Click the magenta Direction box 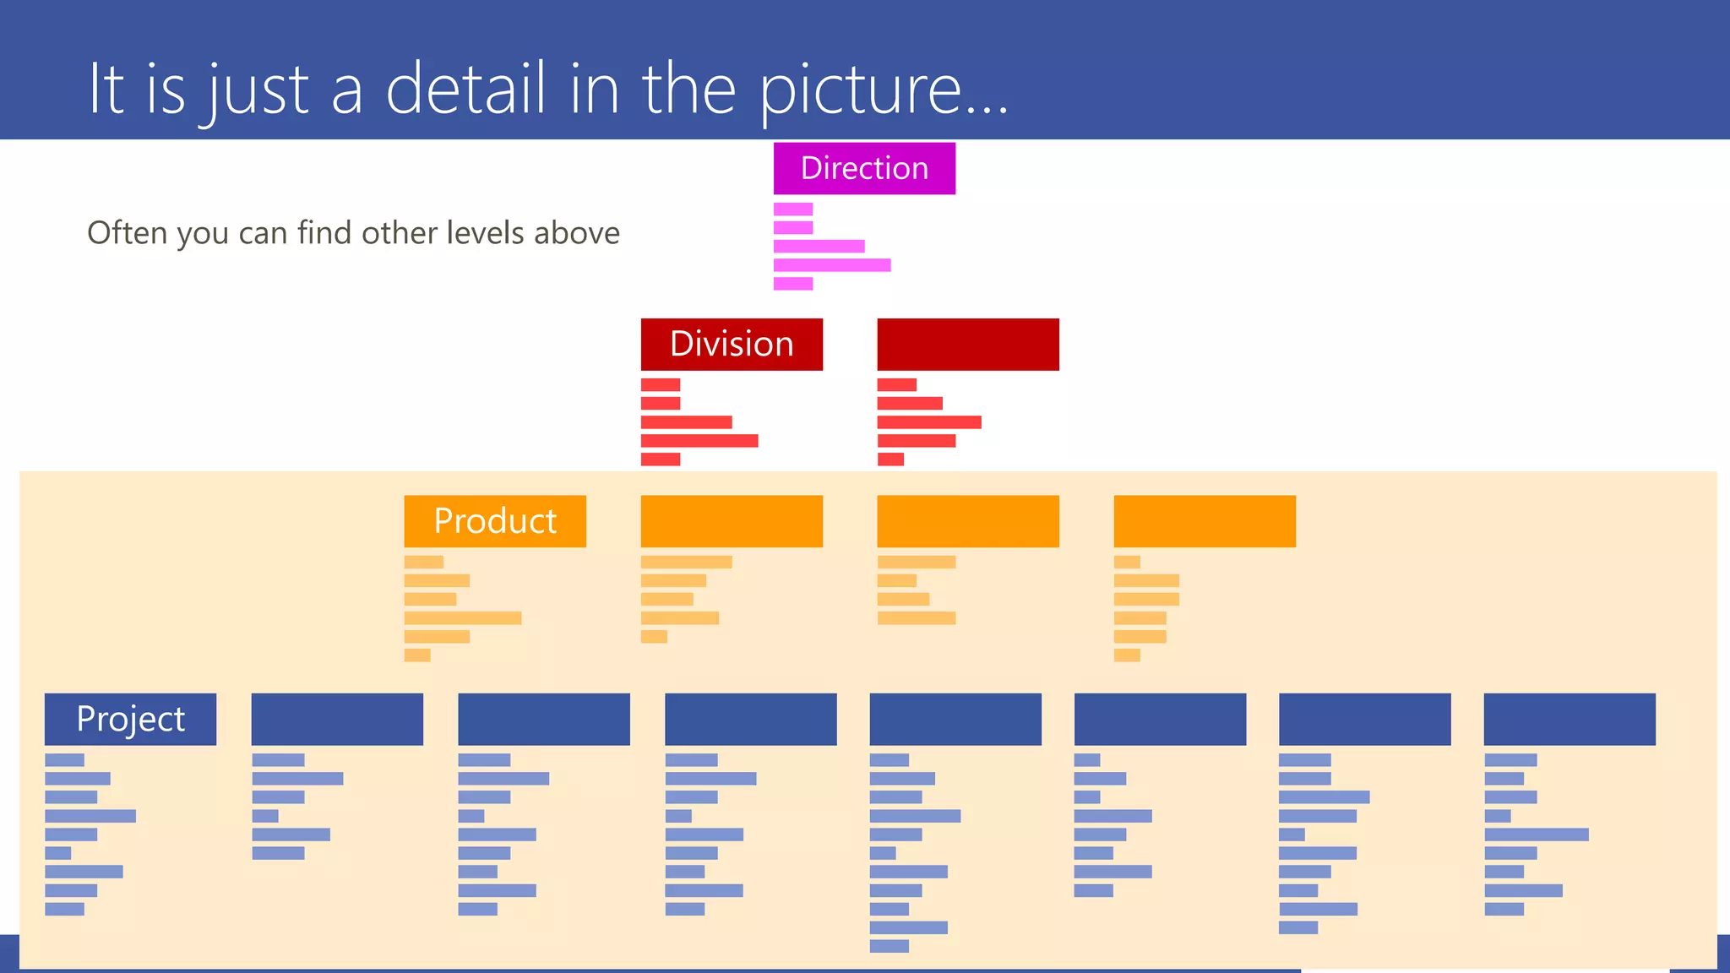(x=864, y=168)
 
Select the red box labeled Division (x=732, y=344)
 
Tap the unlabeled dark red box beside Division (x=968, y=344)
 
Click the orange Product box (x=495, y=520)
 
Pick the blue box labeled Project (x=130, y=719)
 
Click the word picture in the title (x=860, y=90)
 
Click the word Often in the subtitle (x=127, y=233)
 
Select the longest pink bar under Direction (x=832, y=265)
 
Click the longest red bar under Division (x=699, y=441)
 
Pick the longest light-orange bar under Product (x=463, y=618)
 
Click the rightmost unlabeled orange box (x=1205, y=520)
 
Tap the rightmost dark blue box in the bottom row (x=1570, y=719)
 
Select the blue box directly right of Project (x=337, y=719)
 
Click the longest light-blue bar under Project (x=90, y=816)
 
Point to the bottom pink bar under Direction (x=793, y=284)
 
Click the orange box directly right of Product (x=732, y=520)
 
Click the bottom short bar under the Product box (x=417, y=655)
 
